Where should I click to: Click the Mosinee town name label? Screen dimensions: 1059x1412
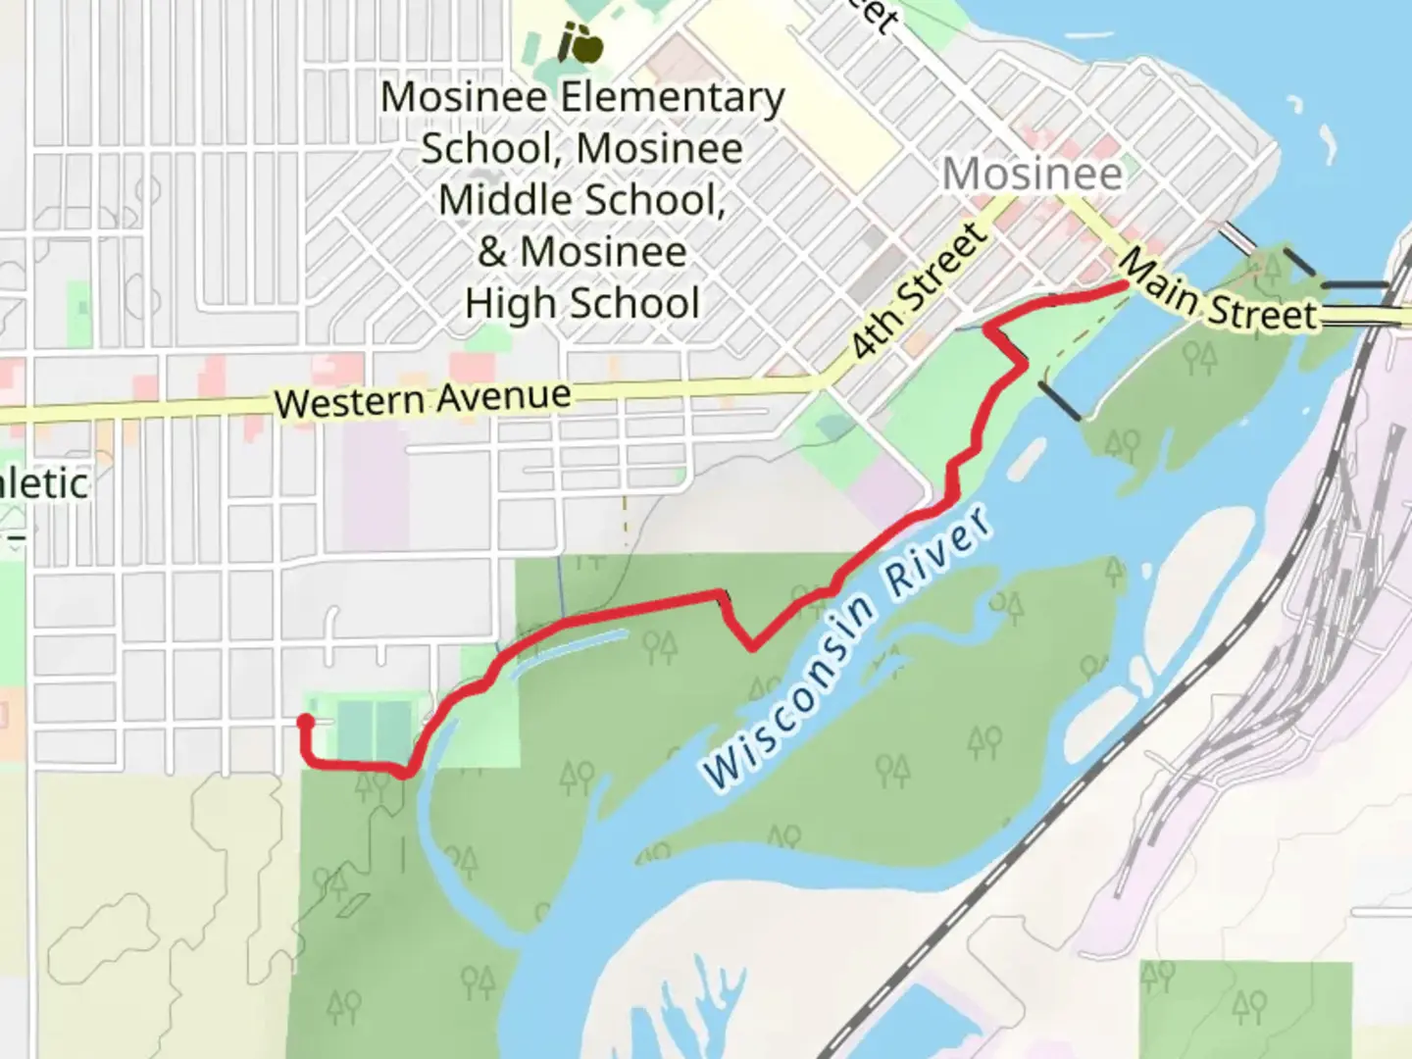point(1033,174)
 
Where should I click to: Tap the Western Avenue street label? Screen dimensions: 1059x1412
point(423,399)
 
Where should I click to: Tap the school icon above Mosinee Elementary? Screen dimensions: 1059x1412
point(579,42)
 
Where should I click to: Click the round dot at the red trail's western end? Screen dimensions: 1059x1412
point(305,722)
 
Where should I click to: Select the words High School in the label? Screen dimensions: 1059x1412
point(582,303)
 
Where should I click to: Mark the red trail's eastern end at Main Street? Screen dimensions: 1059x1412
point(1122,285)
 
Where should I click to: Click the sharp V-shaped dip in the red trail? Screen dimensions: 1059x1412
point(751,645)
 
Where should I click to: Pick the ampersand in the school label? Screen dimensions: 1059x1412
point(491,252)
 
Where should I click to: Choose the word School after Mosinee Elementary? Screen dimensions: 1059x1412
point(472,148)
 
